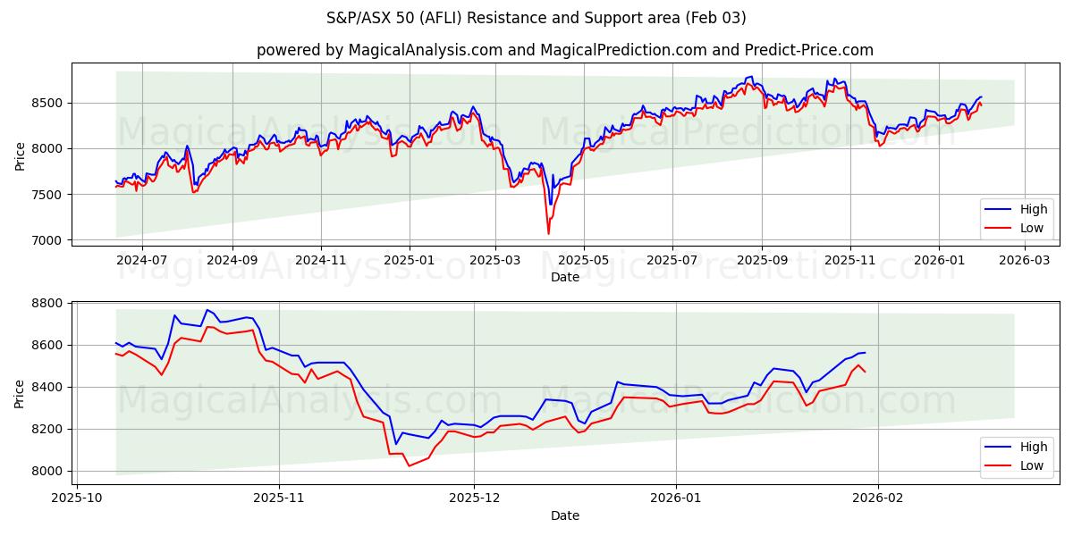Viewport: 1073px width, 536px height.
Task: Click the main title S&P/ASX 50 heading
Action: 536,18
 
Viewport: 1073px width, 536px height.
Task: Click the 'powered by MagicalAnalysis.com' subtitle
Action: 565,50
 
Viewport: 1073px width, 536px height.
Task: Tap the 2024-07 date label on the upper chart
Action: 141,260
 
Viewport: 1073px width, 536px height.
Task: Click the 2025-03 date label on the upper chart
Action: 494,260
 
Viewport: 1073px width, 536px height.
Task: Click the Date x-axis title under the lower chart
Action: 565,515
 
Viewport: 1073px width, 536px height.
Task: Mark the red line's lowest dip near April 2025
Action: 548,234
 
